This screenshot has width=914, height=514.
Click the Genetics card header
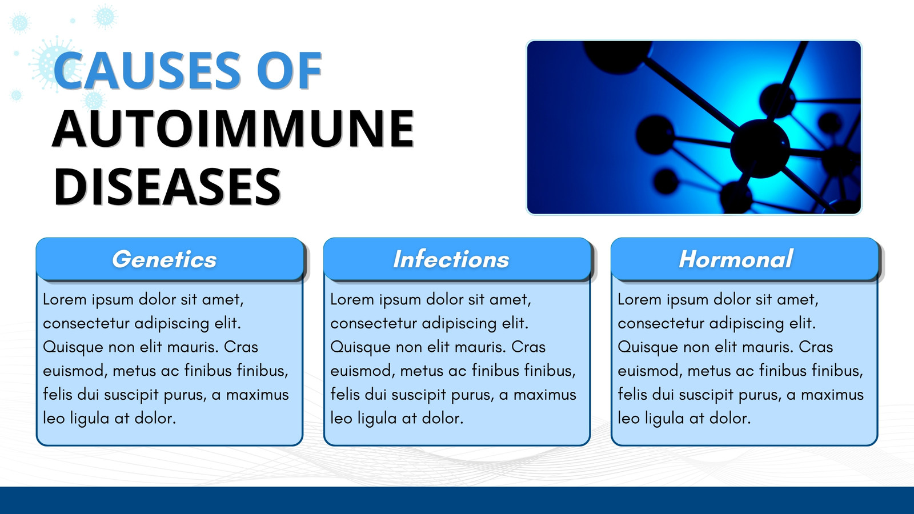(x=170, y=259)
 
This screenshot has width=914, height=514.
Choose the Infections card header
(x=457, y=259)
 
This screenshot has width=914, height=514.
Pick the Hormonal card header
(x=744, y=259)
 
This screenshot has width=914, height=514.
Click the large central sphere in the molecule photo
(x=760, y=148)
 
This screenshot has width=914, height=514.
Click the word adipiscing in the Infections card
(x=459, y=324)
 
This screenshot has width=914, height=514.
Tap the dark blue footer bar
(x=457, y=500)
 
